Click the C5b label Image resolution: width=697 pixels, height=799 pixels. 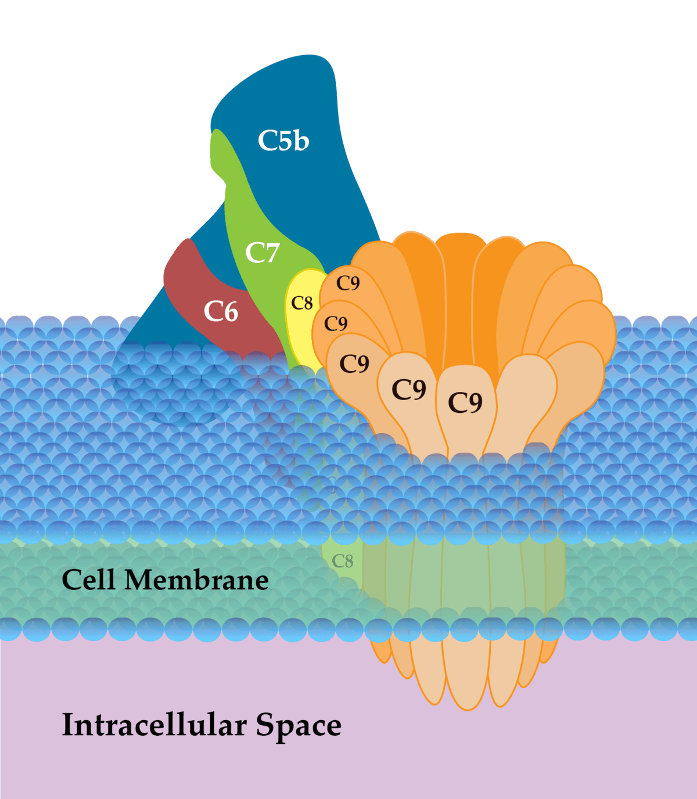[x=283, y=141]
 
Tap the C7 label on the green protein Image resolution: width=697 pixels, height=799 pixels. [x=263, y=253]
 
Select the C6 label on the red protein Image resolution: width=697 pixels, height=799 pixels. [x=221, y=312]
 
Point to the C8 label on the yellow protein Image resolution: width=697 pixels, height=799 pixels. [x=302, y=303]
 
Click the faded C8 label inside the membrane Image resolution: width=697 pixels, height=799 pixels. [x=343, y=561]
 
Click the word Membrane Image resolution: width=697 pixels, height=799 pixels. [x=196, y=580]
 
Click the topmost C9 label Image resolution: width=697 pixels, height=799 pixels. [x=348, y=283]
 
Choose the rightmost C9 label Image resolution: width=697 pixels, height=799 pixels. [x=465, y=402]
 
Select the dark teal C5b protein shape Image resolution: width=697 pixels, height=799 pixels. [x=302, y=99]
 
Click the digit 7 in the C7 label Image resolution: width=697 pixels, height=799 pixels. [x=271, y=253]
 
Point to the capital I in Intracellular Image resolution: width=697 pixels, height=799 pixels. [x=67, y=725]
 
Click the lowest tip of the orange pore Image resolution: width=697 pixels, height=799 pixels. [x=468, y=708]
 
